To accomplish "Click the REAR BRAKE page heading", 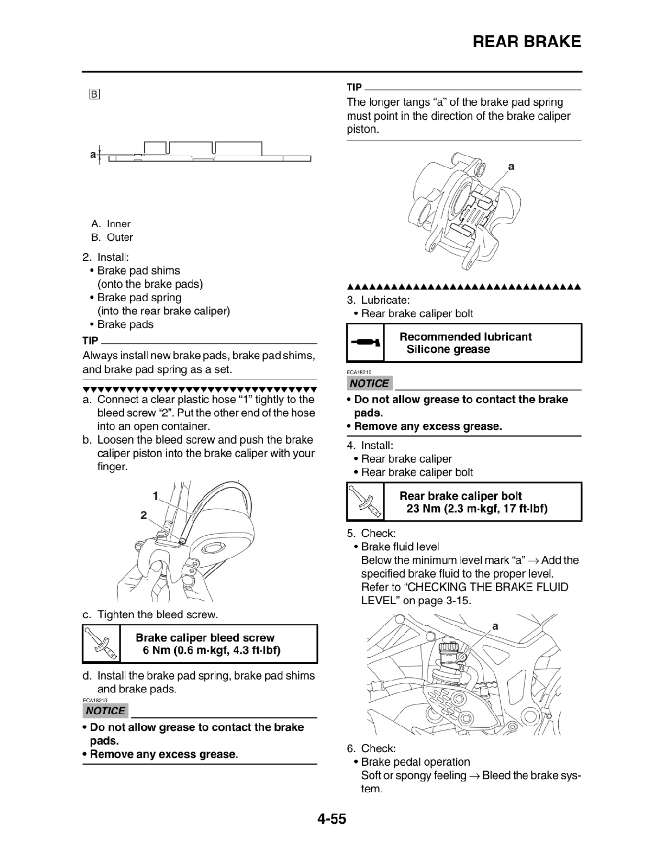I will point(526,42).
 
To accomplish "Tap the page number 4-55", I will point(331,818).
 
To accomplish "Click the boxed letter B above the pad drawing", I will point(94,95).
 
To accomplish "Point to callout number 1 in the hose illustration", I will point(155,496).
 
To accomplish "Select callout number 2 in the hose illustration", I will point(144,516).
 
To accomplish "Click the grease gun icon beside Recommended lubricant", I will point(365,343).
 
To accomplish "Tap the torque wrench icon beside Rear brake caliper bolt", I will point(365,502).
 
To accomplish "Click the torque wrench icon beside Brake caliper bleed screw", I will point(101,644).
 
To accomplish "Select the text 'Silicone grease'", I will point(448,350).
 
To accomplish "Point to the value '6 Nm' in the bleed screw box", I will point(156,650).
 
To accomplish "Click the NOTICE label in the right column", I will point(369,383).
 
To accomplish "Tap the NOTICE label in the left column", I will point(106,711).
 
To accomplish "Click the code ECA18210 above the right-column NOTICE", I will point(359,373).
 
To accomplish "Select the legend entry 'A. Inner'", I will point(111,224).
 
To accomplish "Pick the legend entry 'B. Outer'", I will point(112,238).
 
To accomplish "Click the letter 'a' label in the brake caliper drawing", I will point(510,167).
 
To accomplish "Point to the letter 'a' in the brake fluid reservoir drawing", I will point(495,626).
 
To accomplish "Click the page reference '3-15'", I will point(457,601).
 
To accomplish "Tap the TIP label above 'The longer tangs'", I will point(354,87).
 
